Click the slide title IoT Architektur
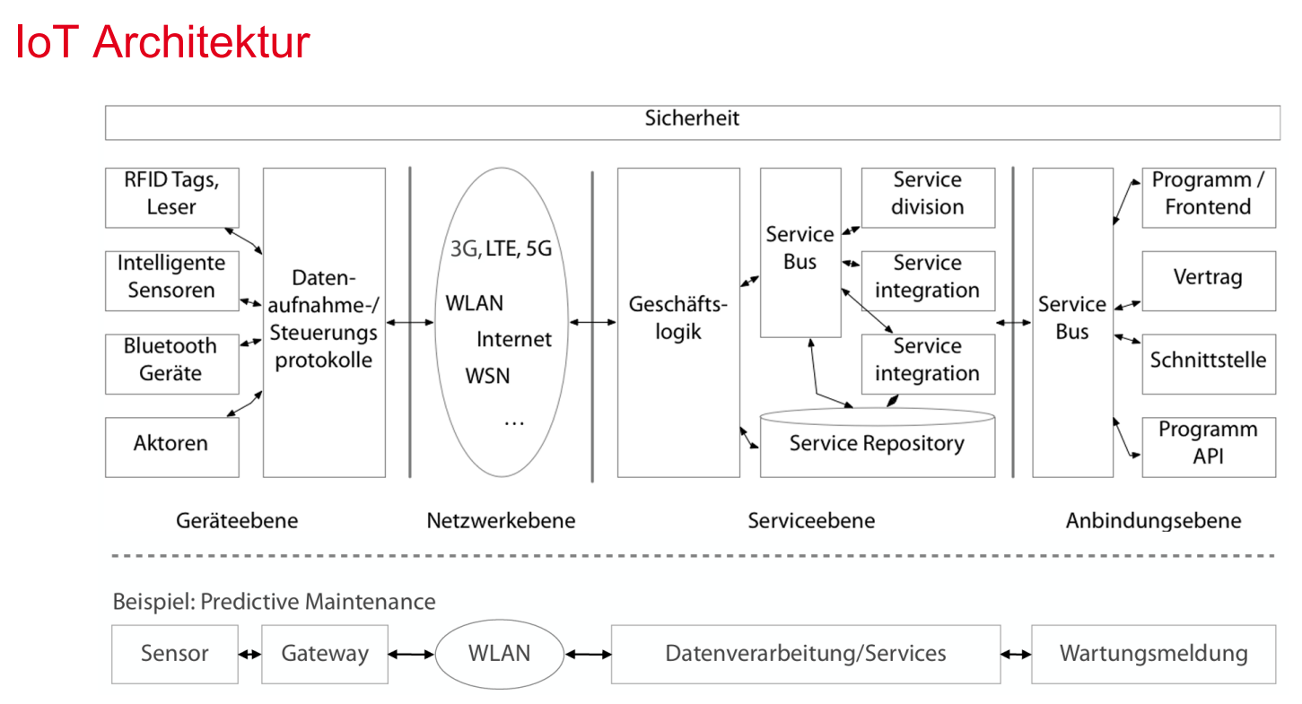(162, 42)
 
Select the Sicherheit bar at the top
(692, 123)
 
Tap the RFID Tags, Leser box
(172, 197)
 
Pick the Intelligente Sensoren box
(172, 281)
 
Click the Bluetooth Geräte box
(172, 363)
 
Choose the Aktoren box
(172, 448)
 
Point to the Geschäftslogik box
(678, 322)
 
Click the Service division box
(928, 197)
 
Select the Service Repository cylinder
(877, 443)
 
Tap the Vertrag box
(1209, 281)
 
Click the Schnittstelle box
(1209, 363)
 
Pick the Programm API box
(1209, 448)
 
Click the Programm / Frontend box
(1209, 197)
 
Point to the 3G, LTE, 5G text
(501, 248)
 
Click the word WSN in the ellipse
(487, 376)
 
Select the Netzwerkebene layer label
(501, 520)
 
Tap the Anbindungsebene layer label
(1153, 521)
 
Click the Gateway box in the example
(324, 654)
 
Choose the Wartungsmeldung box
(1153, 654)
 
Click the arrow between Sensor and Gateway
(250, 655)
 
